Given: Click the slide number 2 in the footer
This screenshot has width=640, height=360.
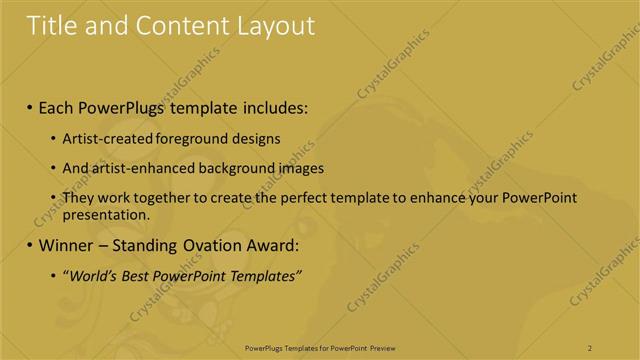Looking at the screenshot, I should pyautogui.click(x=590, y=347).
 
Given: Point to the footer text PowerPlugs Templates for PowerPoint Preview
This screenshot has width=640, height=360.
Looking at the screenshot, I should pyautogui.click(x=320, y=347).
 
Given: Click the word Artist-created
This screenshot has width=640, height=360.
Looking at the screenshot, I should pyautogui.click(x=105, y=139).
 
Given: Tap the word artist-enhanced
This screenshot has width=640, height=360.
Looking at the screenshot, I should pyautogui.click(x=134, y=168).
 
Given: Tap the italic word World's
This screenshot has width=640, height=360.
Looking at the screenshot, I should pyautogui.click(x=91, y=275).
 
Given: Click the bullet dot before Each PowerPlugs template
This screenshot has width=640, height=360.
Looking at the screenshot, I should pyautogui.click(x=29, y=106).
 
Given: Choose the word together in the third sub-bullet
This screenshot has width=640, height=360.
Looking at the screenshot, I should pyautogui.click(x=159, y=198).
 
